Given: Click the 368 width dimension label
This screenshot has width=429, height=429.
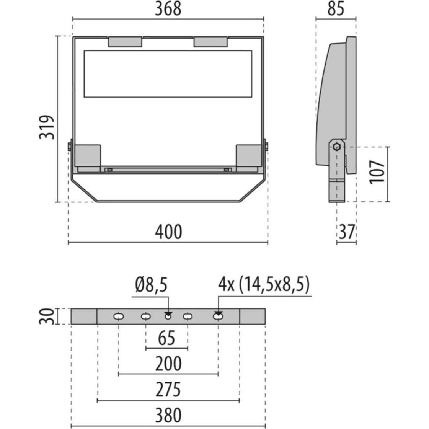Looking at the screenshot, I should (x=168, y=9).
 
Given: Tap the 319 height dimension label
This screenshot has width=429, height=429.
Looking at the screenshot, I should (x=47, y=127).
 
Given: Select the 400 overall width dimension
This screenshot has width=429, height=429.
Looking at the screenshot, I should (x=168, y=232).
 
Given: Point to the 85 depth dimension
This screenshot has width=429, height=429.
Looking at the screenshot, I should (x=336, y=9).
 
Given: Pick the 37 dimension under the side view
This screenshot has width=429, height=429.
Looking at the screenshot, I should (x=346, y=232).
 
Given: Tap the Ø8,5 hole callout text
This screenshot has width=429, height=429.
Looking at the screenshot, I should (x=151, y=285).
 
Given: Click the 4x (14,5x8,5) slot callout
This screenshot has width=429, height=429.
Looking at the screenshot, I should (x=264, y=285).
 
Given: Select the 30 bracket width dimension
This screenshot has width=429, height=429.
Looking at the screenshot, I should (x=46, y=316).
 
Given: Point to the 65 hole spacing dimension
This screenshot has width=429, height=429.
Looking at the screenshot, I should (x=166, y=339).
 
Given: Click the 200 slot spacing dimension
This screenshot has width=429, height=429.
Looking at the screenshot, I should (x=168, y=364).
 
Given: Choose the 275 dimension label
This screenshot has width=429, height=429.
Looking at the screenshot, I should (x=168, y=390).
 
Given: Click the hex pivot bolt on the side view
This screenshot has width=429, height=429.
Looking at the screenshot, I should (x=336, y=146).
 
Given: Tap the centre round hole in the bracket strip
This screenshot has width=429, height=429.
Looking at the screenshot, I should (x=168, y=316).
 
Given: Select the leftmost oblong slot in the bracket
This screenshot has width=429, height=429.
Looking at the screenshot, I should (x=119, y=316).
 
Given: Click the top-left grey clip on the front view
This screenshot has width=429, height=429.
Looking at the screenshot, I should (x=125, y=42).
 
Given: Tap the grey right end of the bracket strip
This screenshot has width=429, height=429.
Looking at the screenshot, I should (x=252, y=316).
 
